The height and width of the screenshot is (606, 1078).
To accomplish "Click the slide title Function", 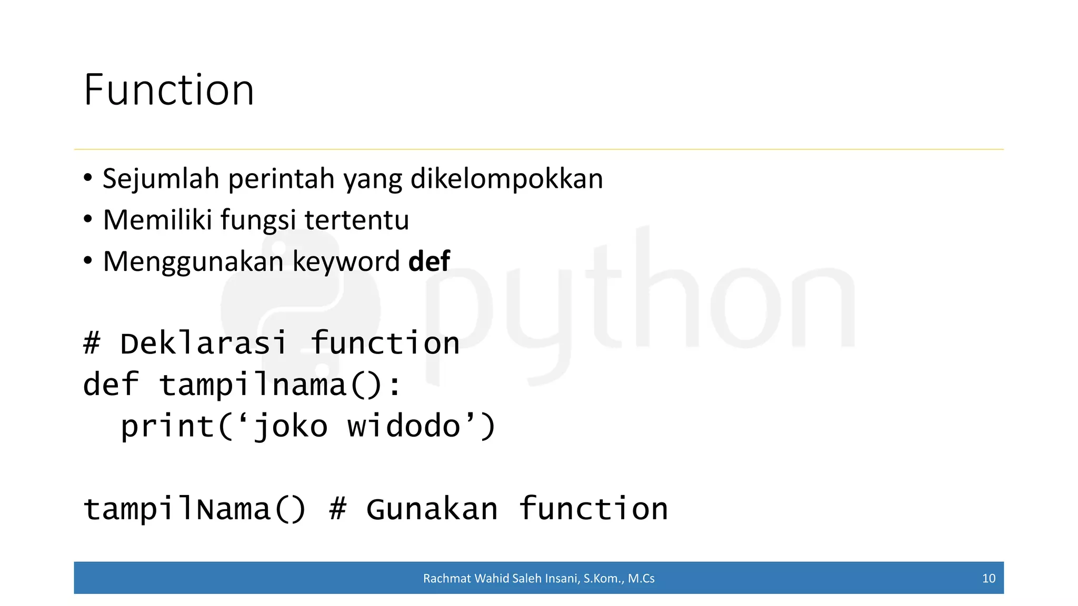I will coord(168,90).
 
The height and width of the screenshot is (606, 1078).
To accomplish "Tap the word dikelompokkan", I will coord(506,179).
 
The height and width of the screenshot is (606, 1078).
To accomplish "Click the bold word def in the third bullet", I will coord(429,261).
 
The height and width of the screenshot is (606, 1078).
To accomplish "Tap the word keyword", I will coord(346,262).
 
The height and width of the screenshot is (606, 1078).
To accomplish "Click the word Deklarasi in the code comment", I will coord(203,344).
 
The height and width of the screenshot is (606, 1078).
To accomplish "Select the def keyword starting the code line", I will coord(111,385).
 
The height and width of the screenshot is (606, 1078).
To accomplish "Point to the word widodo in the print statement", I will coord(404,426).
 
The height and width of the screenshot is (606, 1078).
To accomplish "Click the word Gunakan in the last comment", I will coord(432,509).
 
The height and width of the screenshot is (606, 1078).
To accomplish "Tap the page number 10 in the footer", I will coord(989,578).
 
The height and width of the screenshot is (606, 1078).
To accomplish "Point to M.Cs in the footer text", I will coord(641,578).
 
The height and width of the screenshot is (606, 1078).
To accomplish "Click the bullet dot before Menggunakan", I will coord(88,260).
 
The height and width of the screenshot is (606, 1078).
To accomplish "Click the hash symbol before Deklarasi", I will coord(92,344).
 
